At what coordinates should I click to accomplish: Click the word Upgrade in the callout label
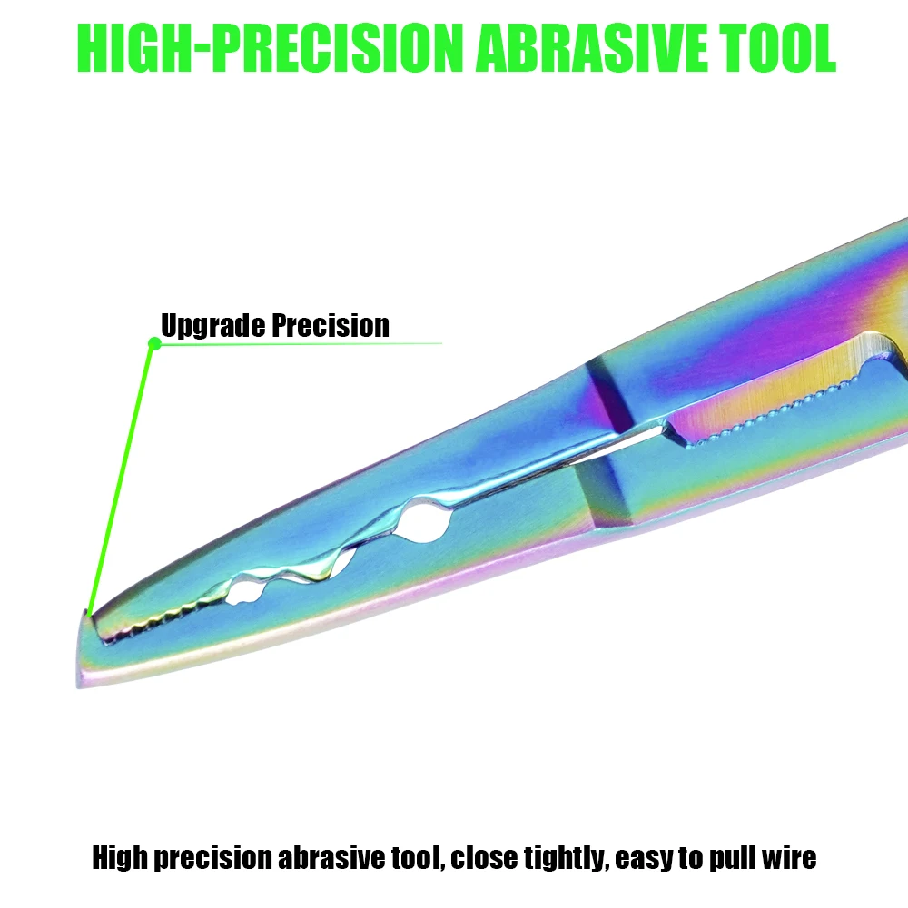(x=213, y=326)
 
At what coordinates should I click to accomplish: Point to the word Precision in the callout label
(x=331, y=325)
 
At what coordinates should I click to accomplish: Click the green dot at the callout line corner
(x=154, y=344)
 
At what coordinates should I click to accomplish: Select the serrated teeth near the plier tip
(x=159, y=617)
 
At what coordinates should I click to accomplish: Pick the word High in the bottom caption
(x=120, y=859)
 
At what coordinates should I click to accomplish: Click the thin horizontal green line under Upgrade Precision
(x=301, y=343)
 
